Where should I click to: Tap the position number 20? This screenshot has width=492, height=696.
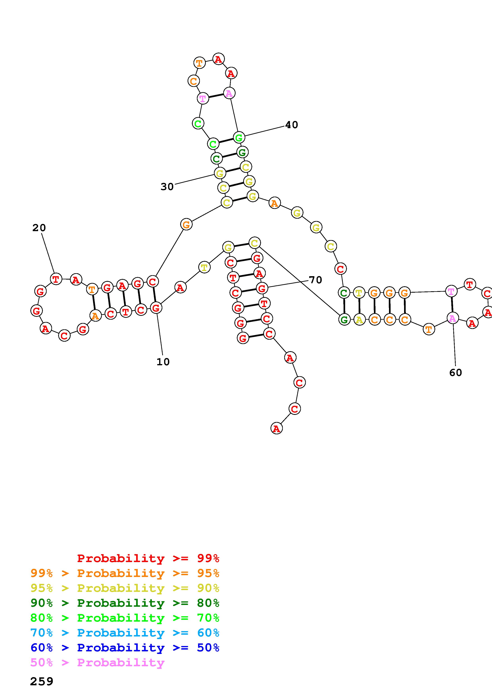click(39, 228)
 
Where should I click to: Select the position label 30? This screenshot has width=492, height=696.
click(167, 187)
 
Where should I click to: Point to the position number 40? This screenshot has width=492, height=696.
click(292, 125)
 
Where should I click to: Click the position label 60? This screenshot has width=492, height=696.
click(456, 373)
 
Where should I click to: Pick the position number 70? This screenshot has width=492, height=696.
click(315, 280)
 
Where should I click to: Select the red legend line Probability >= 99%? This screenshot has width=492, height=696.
click(148, 558)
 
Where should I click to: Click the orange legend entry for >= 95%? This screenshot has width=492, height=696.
click(125, 573)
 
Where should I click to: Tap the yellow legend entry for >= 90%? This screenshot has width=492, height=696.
click(125, 588)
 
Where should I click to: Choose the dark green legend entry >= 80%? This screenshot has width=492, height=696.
click(125, 603)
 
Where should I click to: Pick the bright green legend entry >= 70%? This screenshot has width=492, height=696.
click(125, 618)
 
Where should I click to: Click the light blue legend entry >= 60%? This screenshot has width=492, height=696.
click(125, 633)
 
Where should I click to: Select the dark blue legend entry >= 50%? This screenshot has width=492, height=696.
click(125, 648)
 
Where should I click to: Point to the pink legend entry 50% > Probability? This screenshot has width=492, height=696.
click(97, 662)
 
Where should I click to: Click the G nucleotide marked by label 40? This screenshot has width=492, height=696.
click(239, 137)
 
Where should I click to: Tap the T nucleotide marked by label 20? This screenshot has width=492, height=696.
click(56, 279)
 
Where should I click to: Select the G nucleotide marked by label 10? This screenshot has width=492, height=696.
click(156, 308)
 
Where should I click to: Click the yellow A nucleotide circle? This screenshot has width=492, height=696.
click(359, 319)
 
